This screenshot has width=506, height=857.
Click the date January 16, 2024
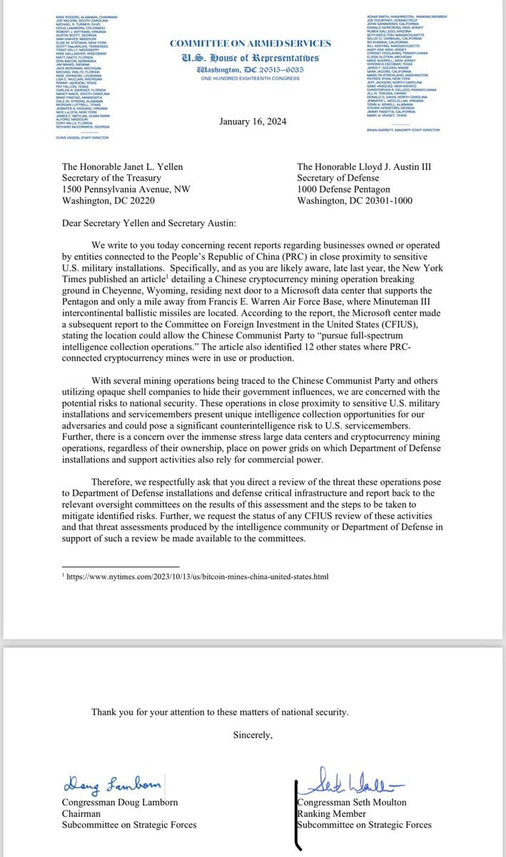pos(253,121)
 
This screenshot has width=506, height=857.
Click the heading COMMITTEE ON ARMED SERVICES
pos(251,44)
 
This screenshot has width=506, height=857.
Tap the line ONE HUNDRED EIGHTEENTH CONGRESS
pos(251,78)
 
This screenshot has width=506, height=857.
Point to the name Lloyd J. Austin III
pos(379,166)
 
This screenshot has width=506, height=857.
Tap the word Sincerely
pos(253,735)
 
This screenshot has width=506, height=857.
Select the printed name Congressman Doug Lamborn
pos(120,802)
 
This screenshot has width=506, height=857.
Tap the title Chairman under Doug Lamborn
pos(81,813)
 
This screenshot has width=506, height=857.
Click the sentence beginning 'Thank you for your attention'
pos(220,712)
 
